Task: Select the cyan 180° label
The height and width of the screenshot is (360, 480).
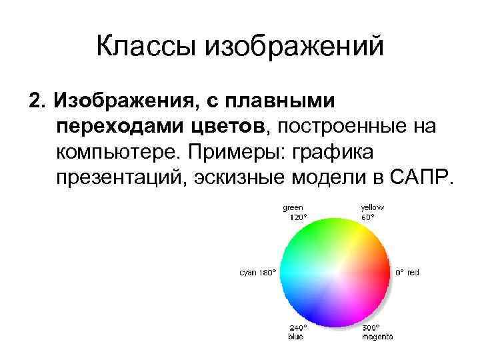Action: click(x=258, y=273)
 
